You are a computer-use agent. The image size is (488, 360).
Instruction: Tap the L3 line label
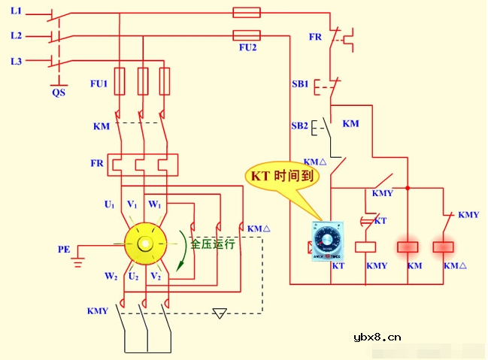point(16,60)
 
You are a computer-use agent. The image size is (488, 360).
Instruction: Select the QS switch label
point(58,92)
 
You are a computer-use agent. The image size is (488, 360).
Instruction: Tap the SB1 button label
point(299,84)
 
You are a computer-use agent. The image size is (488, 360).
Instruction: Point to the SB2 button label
point(299,126)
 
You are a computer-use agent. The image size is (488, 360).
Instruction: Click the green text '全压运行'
point(213,244)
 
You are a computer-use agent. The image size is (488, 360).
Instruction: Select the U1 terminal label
point(109,204)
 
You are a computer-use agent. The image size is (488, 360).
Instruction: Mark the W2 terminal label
point(111,277)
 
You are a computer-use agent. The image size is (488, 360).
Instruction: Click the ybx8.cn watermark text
point(377,337)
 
